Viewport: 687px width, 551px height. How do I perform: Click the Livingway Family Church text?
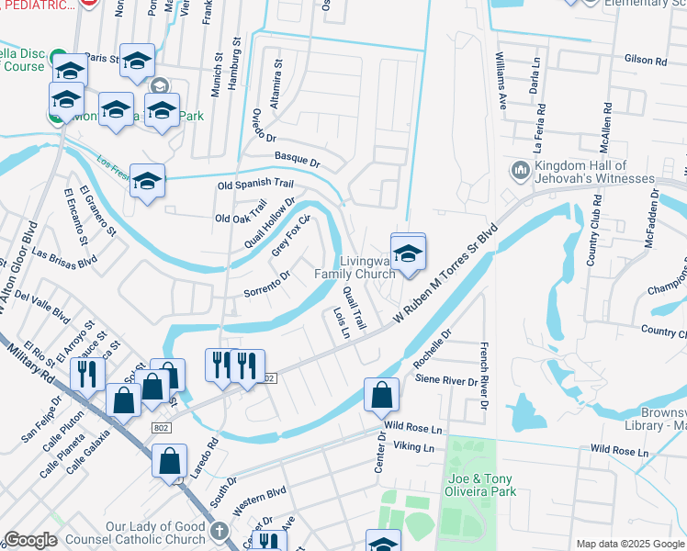tap(355, 267)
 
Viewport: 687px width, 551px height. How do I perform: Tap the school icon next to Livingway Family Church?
tap(408, 253)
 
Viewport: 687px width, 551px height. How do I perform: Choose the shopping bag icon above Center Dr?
tap(381, 395)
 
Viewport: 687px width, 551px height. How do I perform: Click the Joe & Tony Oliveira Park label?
tap(480, 485)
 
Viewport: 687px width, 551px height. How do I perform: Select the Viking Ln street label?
tap(413, 447)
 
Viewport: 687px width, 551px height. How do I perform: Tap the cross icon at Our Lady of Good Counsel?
tap(219, 531)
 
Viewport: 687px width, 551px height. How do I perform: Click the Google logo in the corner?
tap(30, 540)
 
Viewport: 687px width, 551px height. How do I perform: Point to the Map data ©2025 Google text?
tap(630, 544)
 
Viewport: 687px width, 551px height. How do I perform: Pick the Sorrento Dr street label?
tap(267, 284)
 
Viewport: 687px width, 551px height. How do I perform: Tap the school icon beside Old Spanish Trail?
tap(147, 180)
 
